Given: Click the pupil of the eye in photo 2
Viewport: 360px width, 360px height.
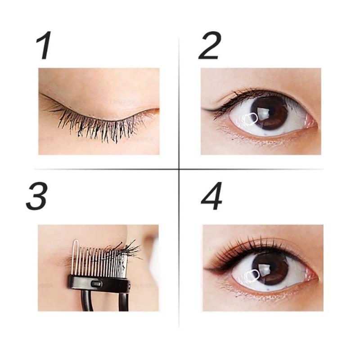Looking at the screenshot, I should [269, 112].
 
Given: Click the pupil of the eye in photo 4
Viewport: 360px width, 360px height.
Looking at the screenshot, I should [270, 268].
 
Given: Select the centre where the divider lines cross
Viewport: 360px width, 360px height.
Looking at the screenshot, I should [179, 169].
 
